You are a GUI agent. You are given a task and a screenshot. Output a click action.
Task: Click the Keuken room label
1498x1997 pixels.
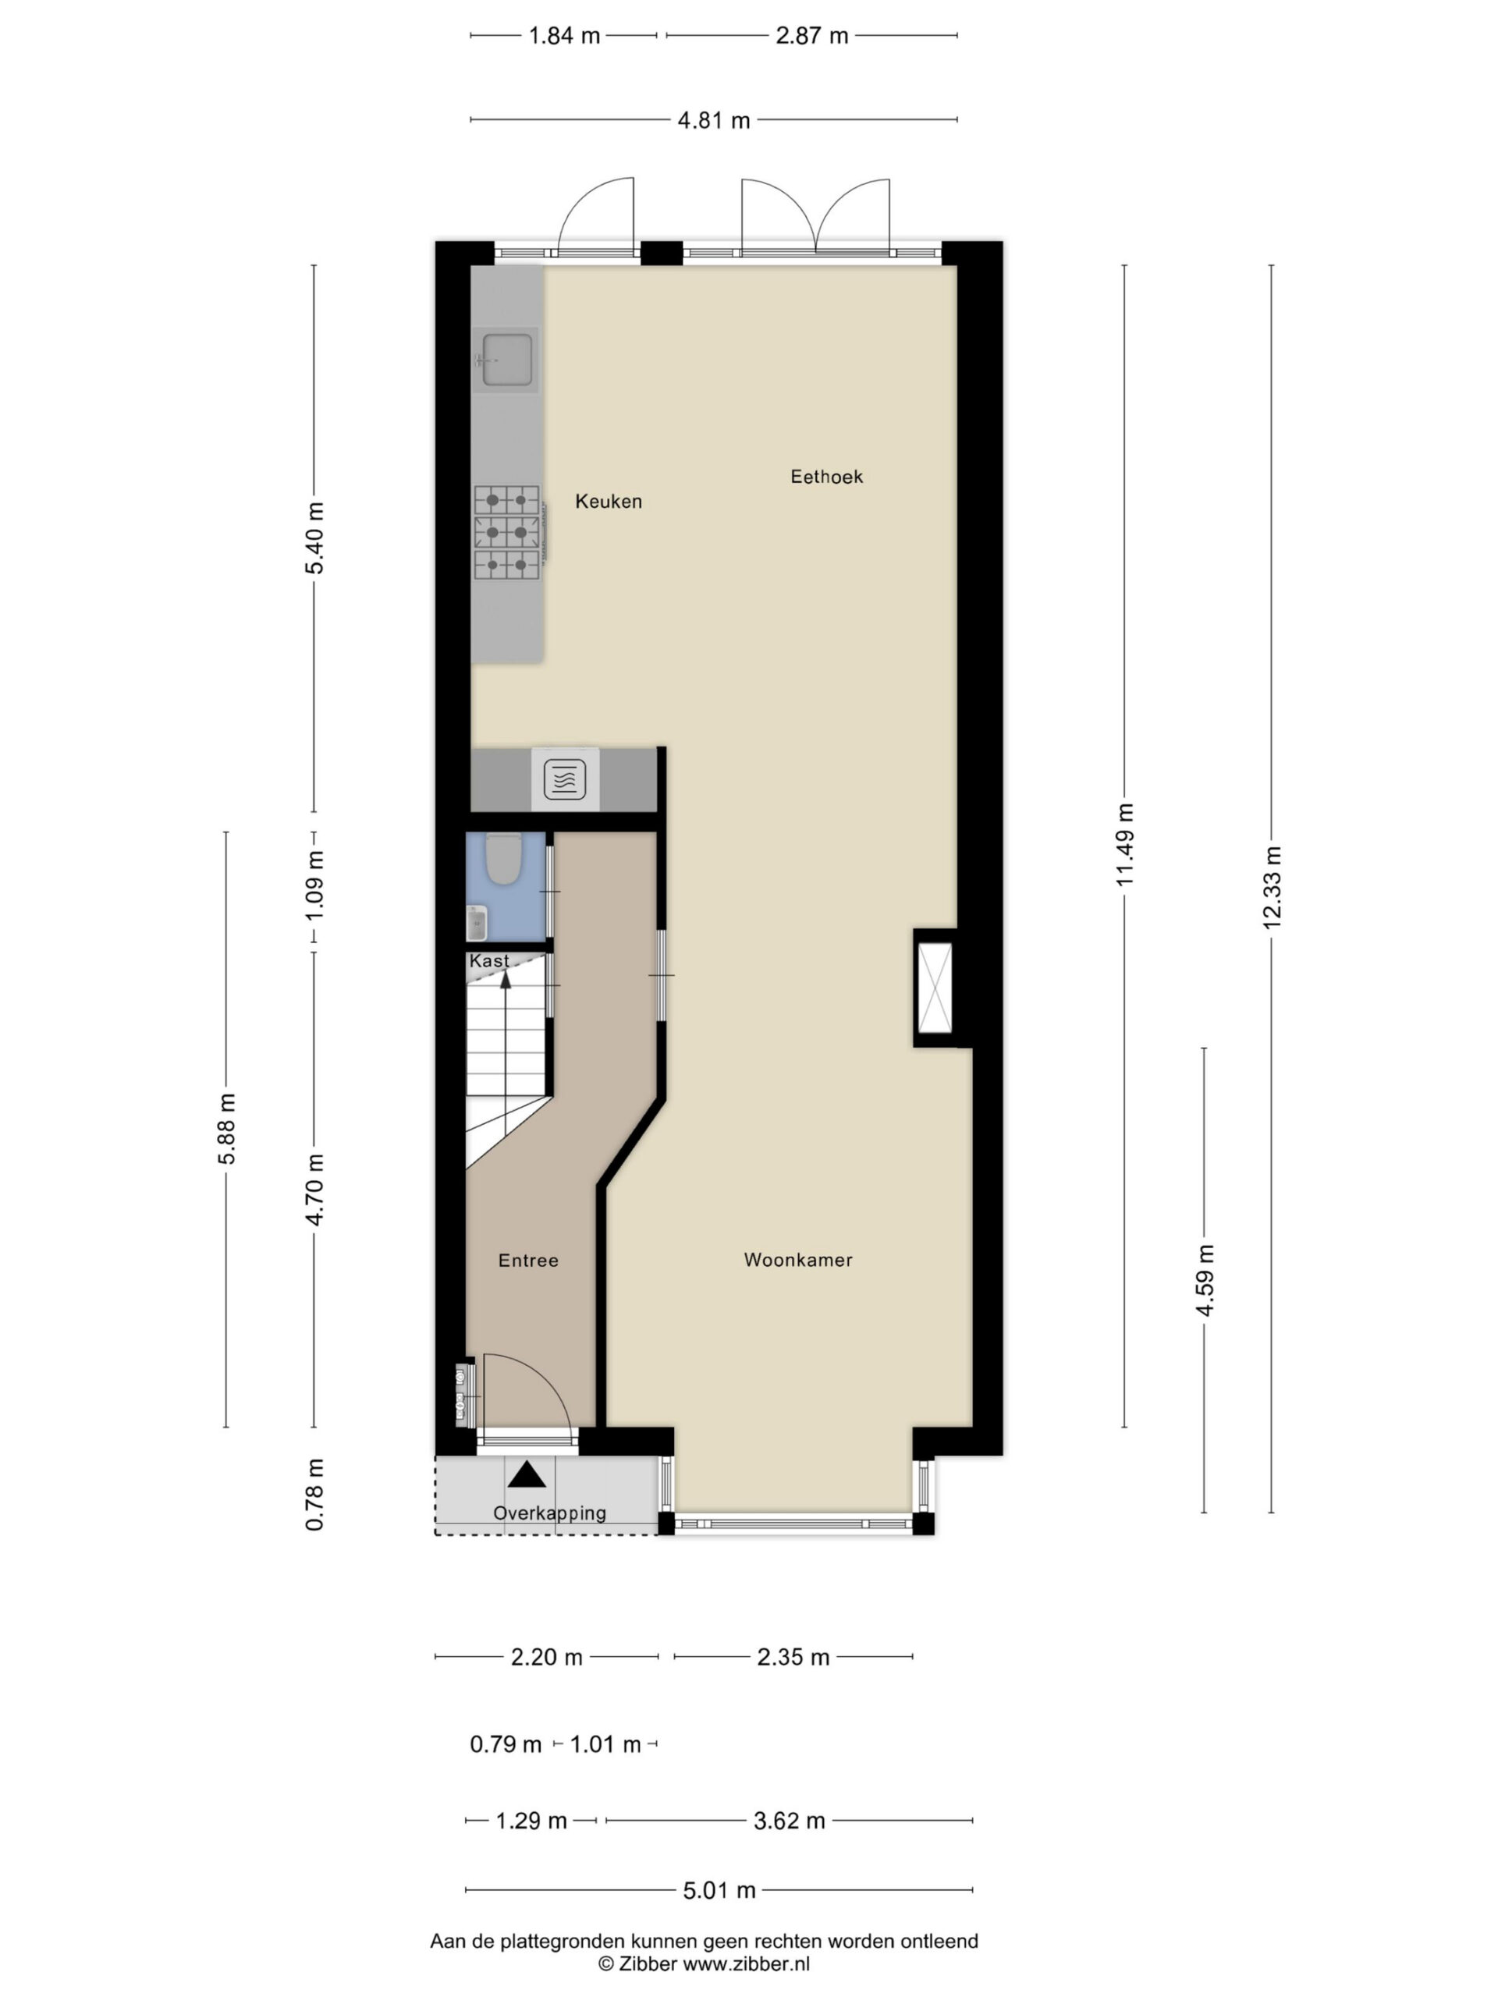click(609, 501)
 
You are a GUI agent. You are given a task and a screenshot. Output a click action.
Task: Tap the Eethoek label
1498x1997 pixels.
click(826, 477)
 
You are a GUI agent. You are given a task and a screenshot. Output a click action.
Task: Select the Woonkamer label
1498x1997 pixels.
click(797, 1259)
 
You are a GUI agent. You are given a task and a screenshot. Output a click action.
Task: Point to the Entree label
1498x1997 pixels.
click(528, 1261)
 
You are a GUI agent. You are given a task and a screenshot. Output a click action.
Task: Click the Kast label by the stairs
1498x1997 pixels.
click(489, 960)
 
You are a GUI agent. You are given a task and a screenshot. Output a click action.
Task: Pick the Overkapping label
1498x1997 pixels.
click(549, 1513)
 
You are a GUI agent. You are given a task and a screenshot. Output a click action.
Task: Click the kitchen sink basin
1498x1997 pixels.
click(506, 360)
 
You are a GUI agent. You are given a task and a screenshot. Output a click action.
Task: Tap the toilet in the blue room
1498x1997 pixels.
click(504, 859)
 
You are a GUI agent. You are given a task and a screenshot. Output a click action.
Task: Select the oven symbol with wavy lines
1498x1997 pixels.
click(565, 779)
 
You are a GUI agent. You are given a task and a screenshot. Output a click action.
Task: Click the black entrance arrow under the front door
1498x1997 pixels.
click(527, 1475)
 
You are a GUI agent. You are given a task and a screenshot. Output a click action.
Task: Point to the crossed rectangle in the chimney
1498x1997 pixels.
click(935, 988)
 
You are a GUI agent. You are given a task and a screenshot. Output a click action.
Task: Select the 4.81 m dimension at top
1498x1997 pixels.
click(714, 120)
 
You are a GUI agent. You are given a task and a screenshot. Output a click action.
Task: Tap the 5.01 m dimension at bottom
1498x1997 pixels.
click(719, 1889)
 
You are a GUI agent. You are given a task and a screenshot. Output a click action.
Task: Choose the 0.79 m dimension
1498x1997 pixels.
click(506, 1744)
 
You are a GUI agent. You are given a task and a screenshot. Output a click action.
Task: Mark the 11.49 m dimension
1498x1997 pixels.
click(1124, 845)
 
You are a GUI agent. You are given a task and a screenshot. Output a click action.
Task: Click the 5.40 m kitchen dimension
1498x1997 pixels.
click(314, 538)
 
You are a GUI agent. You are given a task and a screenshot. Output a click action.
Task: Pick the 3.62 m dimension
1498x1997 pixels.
click(790, 1820)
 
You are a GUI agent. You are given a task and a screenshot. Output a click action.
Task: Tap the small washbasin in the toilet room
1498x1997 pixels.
click(477, 923)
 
